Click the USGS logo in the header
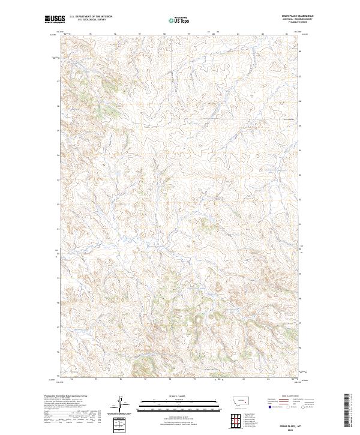[x=55, y=19]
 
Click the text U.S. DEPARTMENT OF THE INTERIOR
[x=91, y=17]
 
